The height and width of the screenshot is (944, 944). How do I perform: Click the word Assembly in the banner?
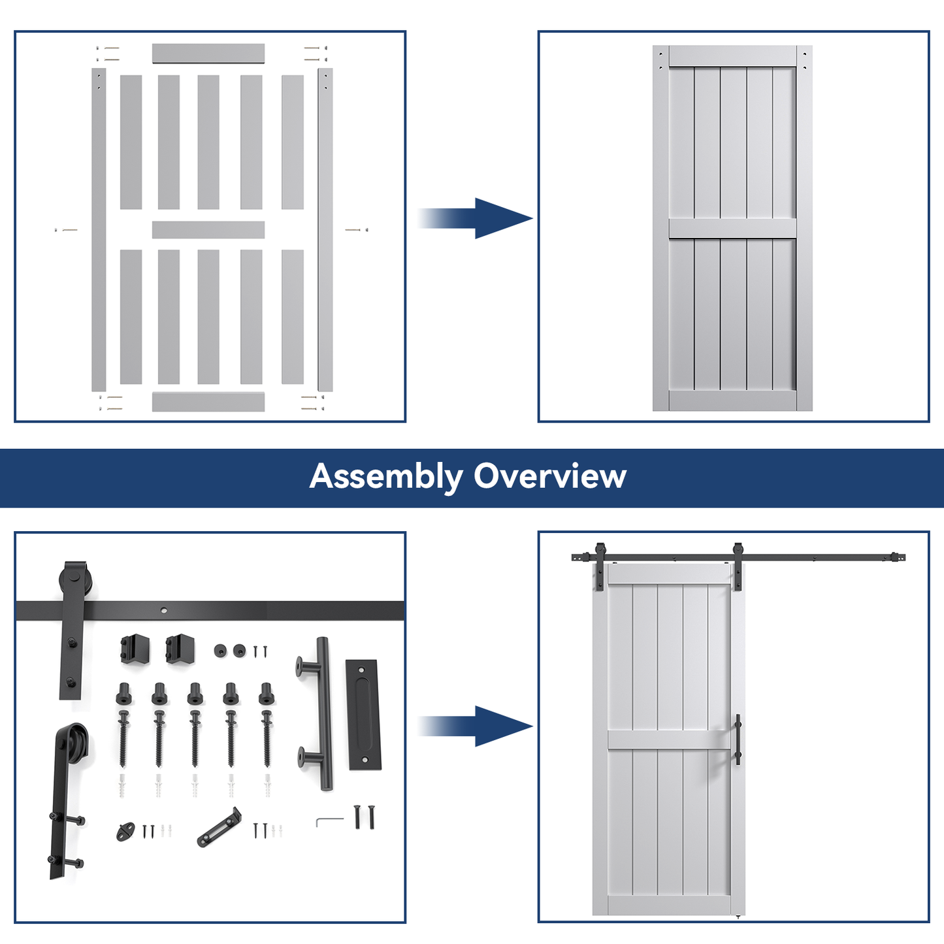pyautogui.click(x=385, y=477)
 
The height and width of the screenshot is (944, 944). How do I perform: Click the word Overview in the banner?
pyautogui.click(x=549, y=476)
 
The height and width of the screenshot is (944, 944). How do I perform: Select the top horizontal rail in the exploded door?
pyautogui.click(x=208, y=54)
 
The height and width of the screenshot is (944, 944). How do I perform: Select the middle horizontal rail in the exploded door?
pyautogui.click(x=208, y=229)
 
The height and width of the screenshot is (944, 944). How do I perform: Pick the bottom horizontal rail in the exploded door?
pyautogui.click(x=208, y=402)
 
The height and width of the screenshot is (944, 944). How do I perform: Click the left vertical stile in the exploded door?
pyautogui.click(x=99, y=229)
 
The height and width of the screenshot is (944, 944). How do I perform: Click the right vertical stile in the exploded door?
pyautogui.click(x=325, y=229)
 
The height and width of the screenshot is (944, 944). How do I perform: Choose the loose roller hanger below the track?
pyautogui.click(x=66, y=800)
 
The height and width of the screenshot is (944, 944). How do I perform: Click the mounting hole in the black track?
pyautogui.click(x=164, y=611)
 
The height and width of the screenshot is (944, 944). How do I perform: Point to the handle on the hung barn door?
pyautogui.click(x=738, y=740)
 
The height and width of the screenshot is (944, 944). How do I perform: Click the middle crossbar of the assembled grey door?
pyautogui.click(x=732, y=229)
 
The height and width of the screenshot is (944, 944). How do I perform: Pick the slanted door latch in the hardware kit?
pyautogui.click(x=219, y=828)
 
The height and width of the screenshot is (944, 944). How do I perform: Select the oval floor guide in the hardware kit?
pyautogui.click(x=124, y=832)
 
